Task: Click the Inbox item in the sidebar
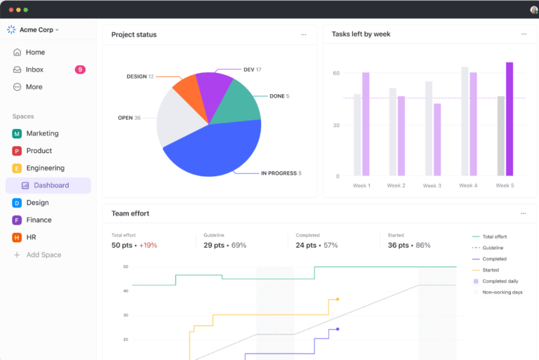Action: coord(34,69)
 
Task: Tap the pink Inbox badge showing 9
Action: coord(80,69)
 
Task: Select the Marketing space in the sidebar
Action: coord(42,133)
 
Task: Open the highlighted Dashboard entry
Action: coord(51,185)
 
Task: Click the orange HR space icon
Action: coord(17,237)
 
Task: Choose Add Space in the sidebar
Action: coord(44,255)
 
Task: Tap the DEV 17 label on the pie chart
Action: coord(252,69)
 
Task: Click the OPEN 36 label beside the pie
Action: coord(129,118)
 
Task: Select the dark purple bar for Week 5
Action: coord(510,119)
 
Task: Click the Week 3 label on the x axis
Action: coord(432,185)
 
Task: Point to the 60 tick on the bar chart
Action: coord(336,73)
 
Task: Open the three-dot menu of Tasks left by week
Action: coord(524,34)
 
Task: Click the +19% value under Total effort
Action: coord(148,246)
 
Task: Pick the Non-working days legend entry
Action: coord(502,292)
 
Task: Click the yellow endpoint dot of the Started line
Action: coord(338,299)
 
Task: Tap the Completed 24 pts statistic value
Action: coord(307,246)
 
